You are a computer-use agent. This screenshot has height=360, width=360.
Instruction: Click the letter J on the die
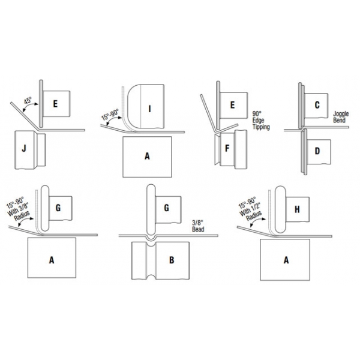coord(24,149)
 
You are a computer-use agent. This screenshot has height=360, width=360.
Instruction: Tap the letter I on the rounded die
coord(149,109)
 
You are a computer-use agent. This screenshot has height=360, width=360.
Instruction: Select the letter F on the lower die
coord(227,148)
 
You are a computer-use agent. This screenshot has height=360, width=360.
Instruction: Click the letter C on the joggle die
coord(317,105)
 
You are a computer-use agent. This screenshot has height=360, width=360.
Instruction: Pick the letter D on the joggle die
coord(317,151)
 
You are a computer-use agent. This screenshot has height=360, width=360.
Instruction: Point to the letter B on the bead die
coord(172,260)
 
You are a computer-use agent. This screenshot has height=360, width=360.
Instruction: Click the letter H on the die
coord(297,209)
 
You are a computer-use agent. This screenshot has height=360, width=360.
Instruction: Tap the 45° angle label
coord(28,101)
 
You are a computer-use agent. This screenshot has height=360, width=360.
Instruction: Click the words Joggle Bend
coord(341,117)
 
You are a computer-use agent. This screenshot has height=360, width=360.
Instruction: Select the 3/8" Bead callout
coord(198,226)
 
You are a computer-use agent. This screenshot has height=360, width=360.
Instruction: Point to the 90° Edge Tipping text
coord(261,121)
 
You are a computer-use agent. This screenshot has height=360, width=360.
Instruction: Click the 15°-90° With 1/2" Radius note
coord(250,209)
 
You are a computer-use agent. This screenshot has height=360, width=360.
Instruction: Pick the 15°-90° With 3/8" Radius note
coord(18,209)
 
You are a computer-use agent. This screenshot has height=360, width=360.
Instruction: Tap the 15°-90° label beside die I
coord(110,115)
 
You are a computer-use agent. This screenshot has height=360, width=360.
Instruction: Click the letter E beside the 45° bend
coord(55,104)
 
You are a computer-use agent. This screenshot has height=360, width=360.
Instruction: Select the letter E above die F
coord(232,105)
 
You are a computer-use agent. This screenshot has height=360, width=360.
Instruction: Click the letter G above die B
coord(166,208)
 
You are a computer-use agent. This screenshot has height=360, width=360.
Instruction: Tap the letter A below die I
coord(147,157)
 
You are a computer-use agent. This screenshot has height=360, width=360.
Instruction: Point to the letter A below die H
coord(286,260)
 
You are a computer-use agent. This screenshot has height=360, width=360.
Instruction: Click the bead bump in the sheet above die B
coord(151,238)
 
